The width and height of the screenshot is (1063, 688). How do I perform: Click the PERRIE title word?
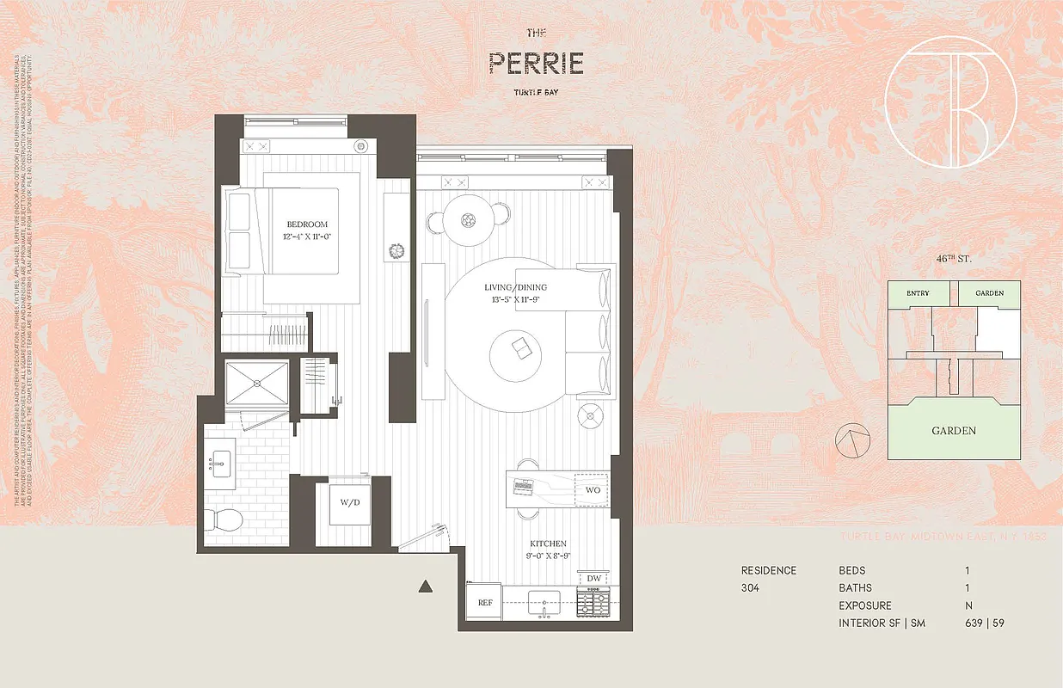coord(537,63)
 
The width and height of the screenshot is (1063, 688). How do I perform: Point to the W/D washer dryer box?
coord(349,503)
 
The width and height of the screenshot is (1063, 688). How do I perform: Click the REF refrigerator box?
coord(484,603)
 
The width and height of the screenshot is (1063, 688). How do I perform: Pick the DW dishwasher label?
coord(594,577)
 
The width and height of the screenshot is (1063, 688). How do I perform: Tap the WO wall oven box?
coord(592,489)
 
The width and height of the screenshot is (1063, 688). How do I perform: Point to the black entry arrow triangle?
coord(424,587)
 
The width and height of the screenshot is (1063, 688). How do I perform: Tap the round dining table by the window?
coord(470,220)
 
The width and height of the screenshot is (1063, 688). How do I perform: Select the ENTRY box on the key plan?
coord(917,293)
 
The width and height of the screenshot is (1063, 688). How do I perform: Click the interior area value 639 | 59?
coord(984,623)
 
